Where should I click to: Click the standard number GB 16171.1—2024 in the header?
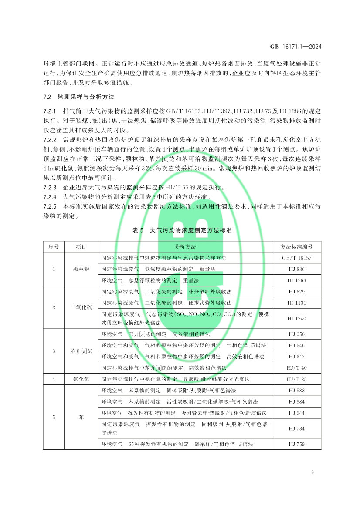296,47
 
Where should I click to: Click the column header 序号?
53,246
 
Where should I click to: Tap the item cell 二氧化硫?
81,307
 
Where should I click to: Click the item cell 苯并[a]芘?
81,351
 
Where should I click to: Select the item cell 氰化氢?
81,379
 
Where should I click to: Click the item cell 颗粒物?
81,269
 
